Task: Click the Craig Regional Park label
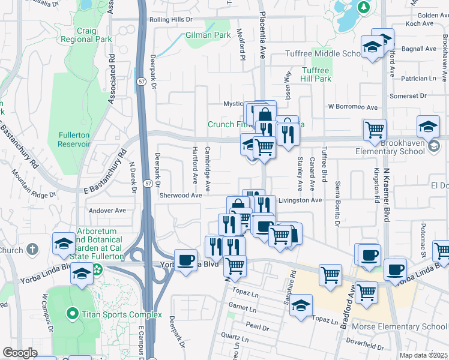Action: coord(86,35)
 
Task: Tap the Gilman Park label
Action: coord(208,35)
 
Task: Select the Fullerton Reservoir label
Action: coord(74,140)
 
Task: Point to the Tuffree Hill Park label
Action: coord(316,74)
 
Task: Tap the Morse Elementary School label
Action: coord(409,326)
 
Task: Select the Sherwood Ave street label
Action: coord(180,196)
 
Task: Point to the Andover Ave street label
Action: coord(107,211)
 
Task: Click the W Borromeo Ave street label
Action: coord(352,107)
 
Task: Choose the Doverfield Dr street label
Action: coord(364,346)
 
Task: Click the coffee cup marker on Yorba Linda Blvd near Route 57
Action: coord(186,260)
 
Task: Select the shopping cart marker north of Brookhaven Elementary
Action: coord(375,130)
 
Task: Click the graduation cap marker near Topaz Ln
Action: coord(301,305)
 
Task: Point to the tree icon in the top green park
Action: coord(363,7)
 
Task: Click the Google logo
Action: coord(20,353)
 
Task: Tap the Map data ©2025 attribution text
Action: coord(424,355)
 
